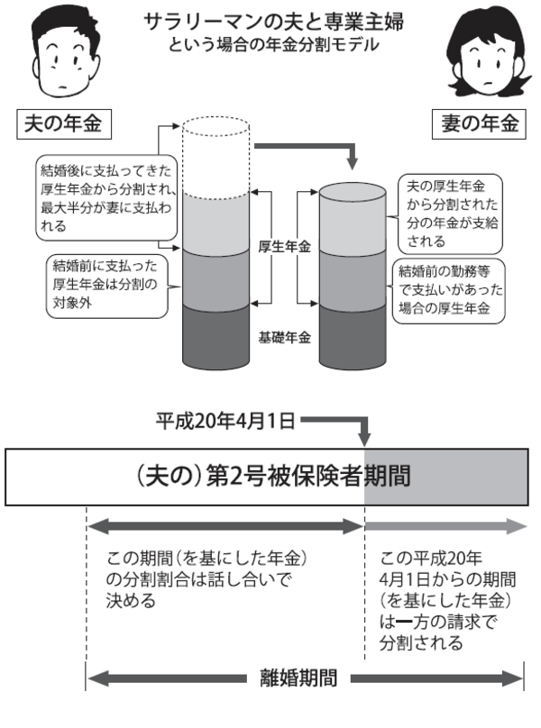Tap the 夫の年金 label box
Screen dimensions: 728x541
61,123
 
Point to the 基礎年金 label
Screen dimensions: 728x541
285,338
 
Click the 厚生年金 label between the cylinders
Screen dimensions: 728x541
284,245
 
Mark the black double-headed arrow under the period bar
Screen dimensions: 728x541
225,528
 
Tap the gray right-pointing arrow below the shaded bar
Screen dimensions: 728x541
445,528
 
